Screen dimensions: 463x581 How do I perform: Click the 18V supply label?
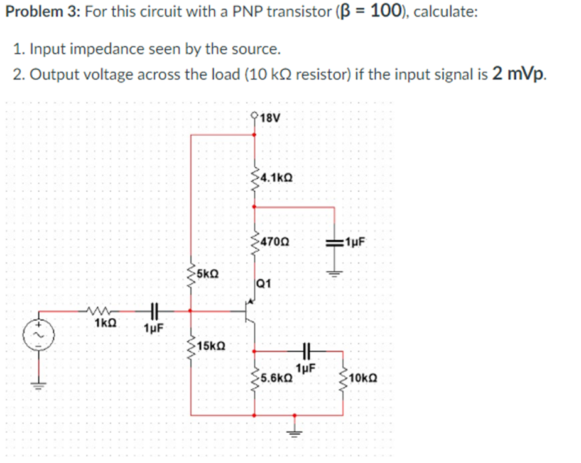pos(271,117)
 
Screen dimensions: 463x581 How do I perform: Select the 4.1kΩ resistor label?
pos(274,177)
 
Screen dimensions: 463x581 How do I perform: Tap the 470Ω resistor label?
pos(274,240)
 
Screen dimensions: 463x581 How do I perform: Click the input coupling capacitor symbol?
pos(153,310)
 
